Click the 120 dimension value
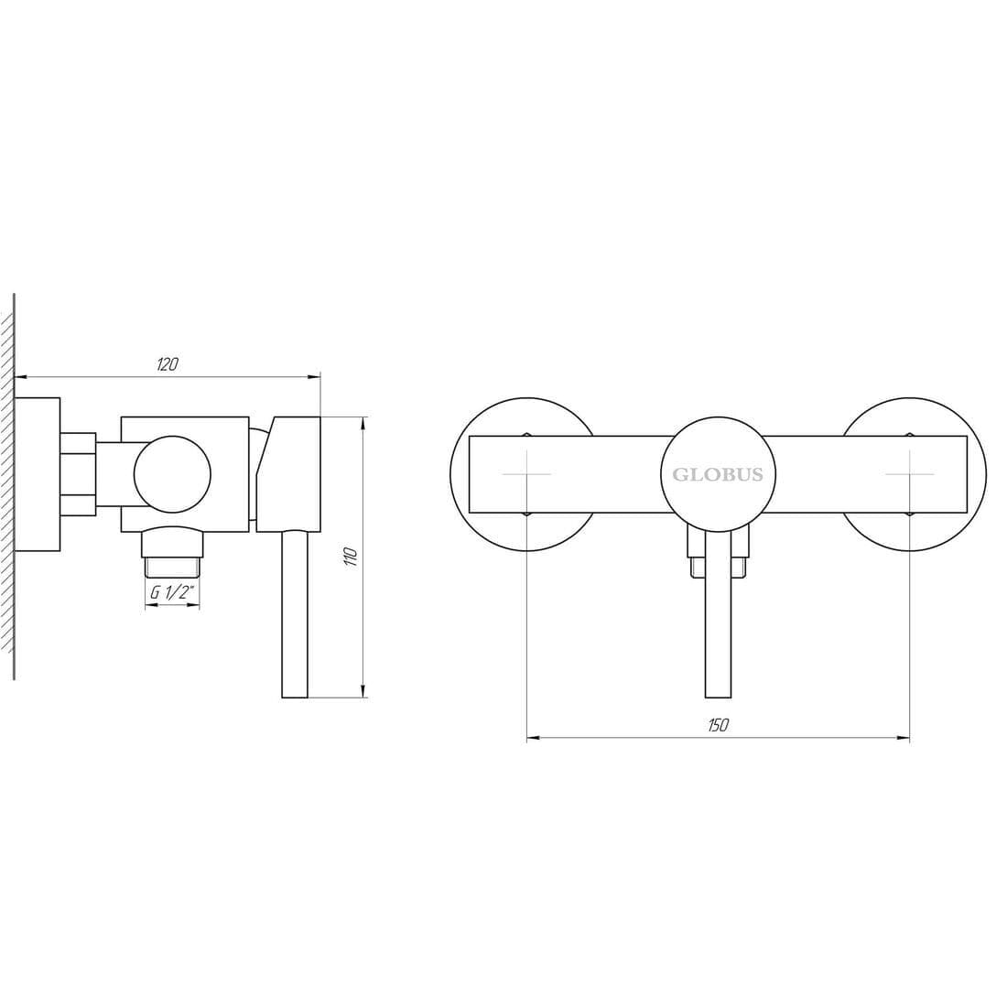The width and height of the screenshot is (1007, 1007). coord(168,364)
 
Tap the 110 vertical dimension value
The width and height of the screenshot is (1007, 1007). coord(351,557)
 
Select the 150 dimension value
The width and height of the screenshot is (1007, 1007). coord(718,725)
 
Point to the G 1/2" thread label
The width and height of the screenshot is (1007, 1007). coord(172,592)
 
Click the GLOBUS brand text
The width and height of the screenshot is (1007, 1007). coord(718,474)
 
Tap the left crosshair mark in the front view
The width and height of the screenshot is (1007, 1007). coord(526,474)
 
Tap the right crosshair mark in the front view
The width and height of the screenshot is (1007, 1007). coord(909,474)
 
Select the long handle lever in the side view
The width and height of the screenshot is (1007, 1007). coord(295,614)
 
